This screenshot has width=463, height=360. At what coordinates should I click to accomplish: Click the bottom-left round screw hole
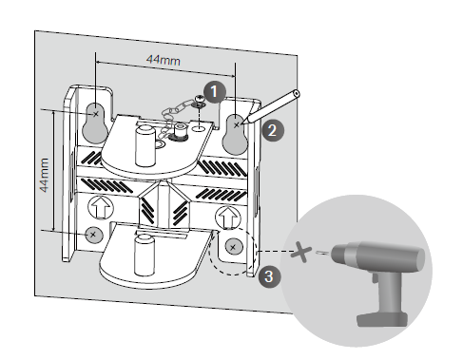coord(92,234)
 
